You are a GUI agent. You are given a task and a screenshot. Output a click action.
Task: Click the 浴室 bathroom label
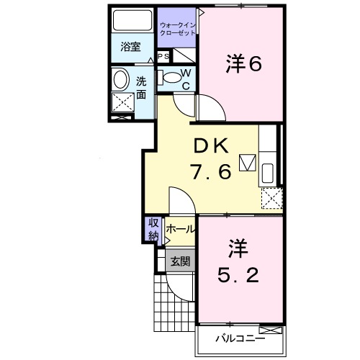pos(130,48)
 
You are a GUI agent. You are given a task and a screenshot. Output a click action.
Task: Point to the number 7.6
pos(210,172)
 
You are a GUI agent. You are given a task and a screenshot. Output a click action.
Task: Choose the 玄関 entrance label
pos(180,261)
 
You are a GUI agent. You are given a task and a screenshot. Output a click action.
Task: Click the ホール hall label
pos(179,229)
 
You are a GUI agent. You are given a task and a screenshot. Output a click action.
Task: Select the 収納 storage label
pos(153,229)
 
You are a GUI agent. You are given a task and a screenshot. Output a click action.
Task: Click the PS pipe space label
pos(163,56)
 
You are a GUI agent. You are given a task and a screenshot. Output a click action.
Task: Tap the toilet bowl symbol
pos(171,77)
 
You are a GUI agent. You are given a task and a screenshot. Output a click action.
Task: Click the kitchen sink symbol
pos(267,172)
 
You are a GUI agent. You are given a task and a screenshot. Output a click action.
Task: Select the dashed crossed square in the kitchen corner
pos(271,197)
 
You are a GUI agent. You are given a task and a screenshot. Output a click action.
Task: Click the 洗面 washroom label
pos(142,87)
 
